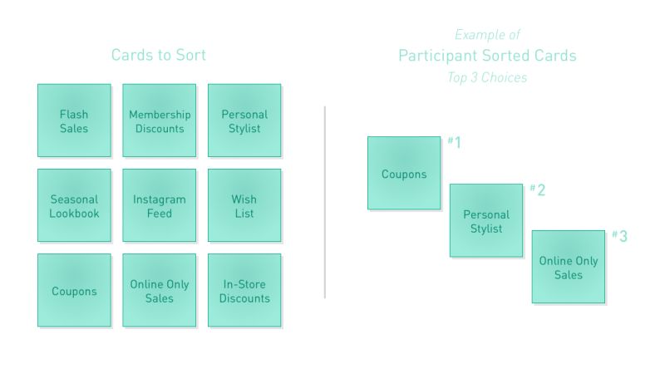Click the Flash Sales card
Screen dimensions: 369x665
[x=74, y=121]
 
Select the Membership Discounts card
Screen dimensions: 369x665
[x=160, y=121]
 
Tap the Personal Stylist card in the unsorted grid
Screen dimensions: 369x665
[x=244, y=121]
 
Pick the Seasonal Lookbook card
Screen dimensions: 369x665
[x=74, y=206]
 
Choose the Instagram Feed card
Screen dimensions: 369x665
[x=160, y=206]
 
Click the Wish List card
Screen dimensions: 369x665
[x=244, y=206]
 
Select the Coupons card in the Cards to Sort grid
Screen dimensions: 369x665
[x=74, y=291]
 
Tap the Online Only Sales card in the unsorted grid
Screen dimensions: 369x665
[x=160, y=291]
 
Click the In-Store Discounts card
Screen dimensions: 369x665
[x=244, y=291]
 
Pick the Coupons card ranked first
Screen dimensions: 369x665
[x=404, y=174]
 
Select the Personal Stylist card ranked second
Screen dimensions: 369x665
[x=486, y=221]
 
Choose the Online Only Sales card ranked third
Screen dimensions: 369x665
[x=569, y=268]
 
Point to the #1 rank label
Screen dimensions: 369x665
[x=454, y=142]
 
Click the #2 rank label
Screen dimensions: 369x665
[x=537, y=189]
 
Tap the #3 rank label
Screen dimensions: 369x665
[x=619, y=236]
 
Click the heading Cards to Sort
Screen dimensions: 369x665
[x=159, y=56]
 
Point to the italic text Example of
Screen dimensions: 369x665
[x=487, y=35]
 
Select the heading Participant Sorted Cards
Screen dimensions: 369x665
[x=487, y=56]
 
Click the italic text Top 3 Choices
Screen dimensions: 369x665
[x=487, y=77]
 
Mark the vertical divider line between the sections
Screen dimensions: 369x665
[x=324, y=201]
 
